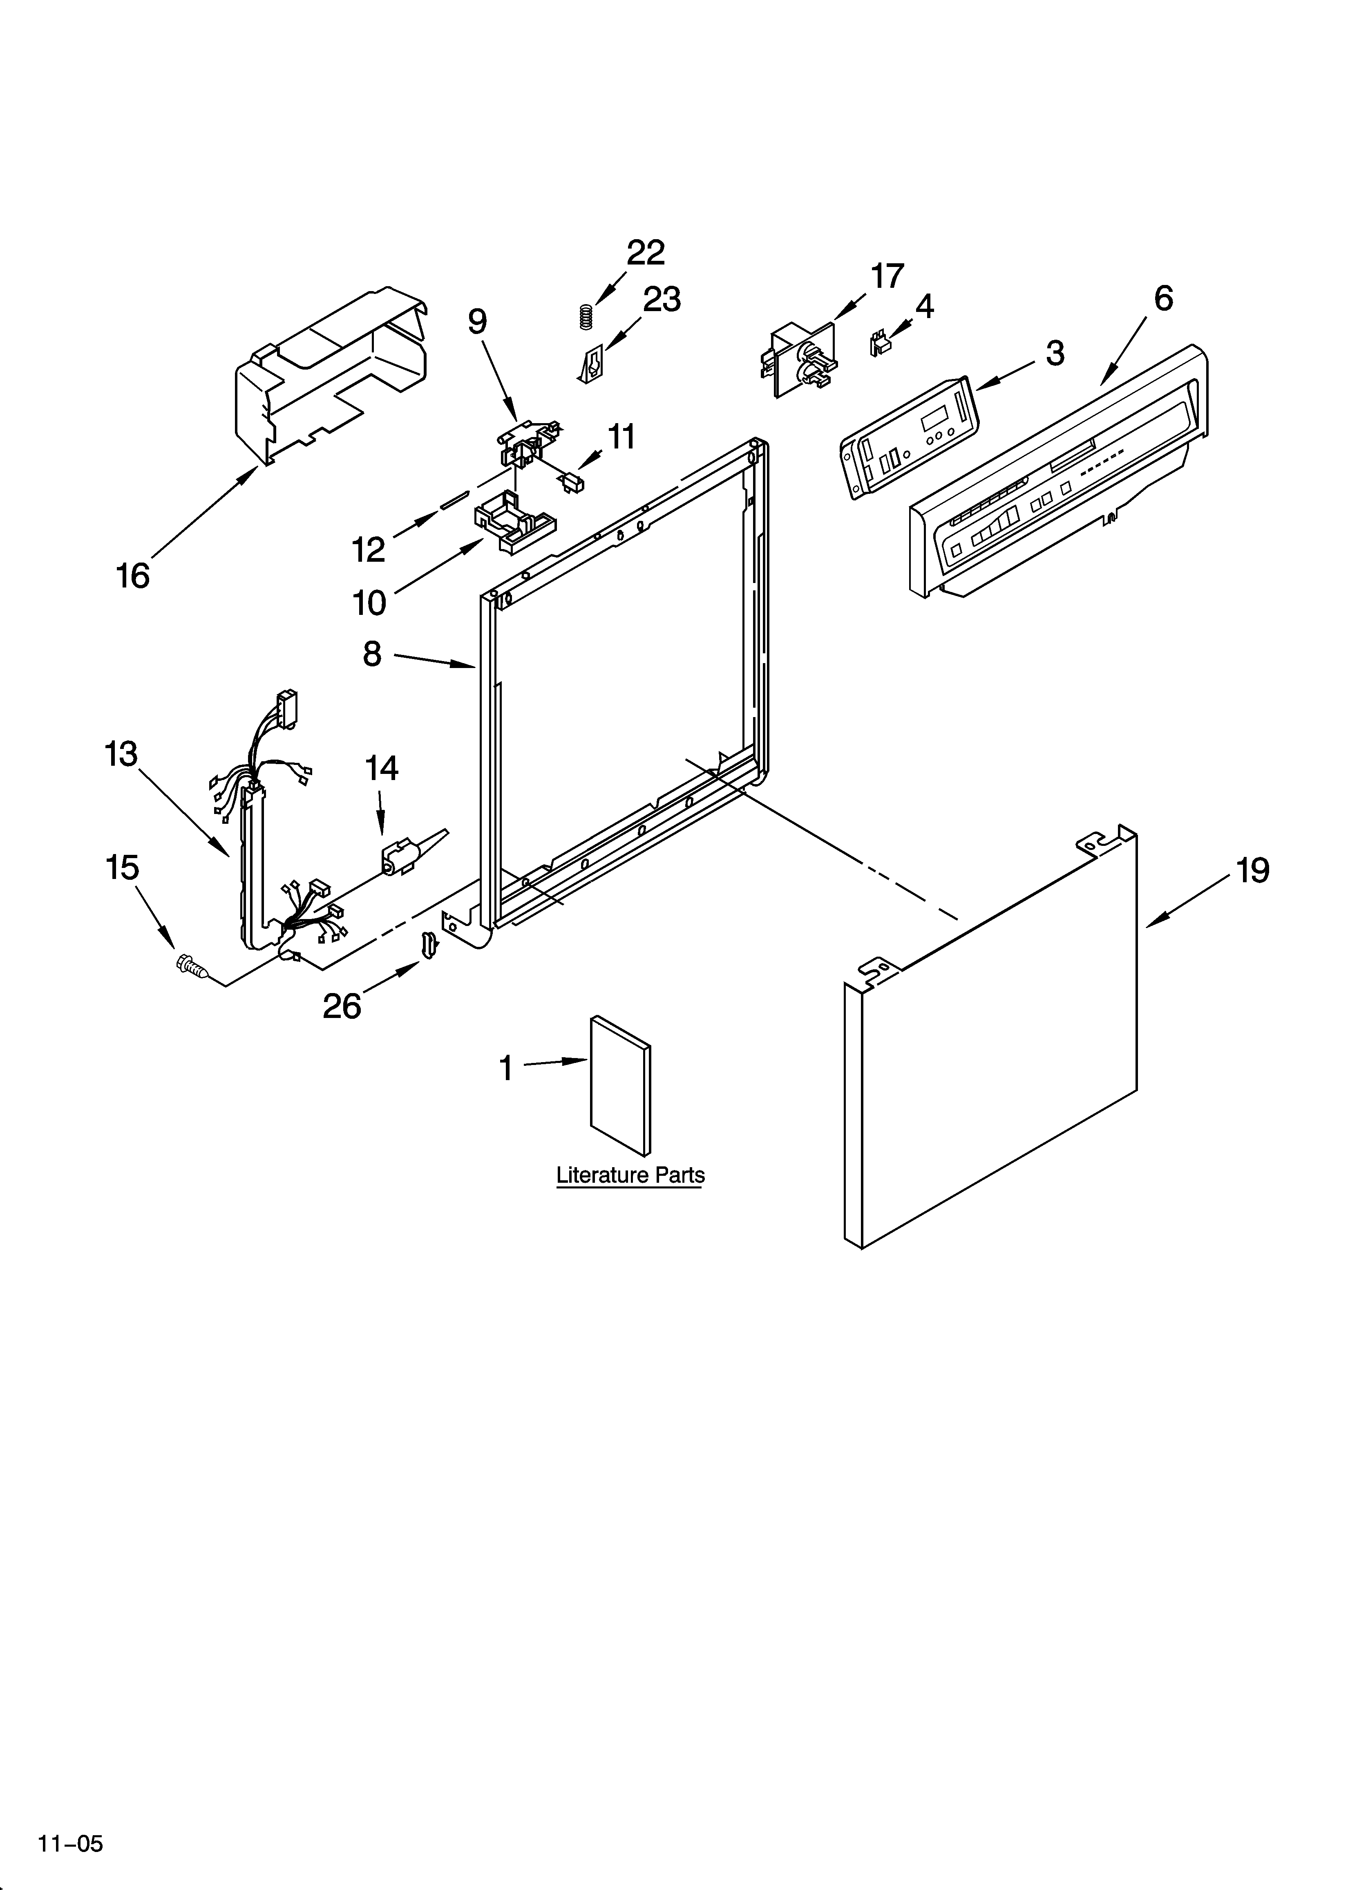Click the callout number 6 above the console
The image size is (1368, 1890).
(1163, 298)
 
